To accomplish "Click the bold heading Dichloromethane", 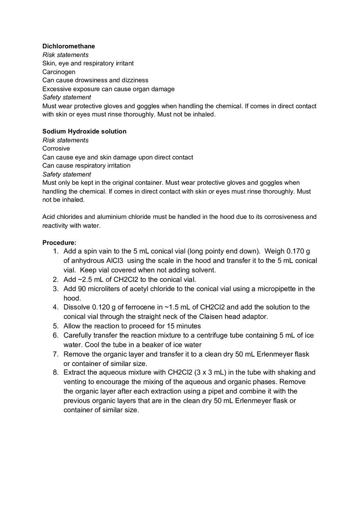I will pyautogui.click(x=69, y=46).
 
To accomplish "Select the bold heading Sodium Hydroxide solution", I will pyautogui.click(x=84, y=131).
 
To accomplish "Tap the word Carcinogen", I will pyautogui.click(x=59, y=72).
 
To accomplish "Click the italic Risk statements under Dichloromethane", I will pyautogui.click(x=65, y=55).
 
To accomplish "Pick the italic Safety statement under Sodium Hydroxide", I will pyautogui.click(x=67, y=174).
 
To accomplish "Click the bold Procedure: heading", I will pyautogui.click(x=59, y=243).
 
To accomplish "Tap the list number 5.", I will pyautogui.click(x=55, y=326).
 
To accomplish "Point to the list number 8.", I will pyautogui.click(x=55, y=372).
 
